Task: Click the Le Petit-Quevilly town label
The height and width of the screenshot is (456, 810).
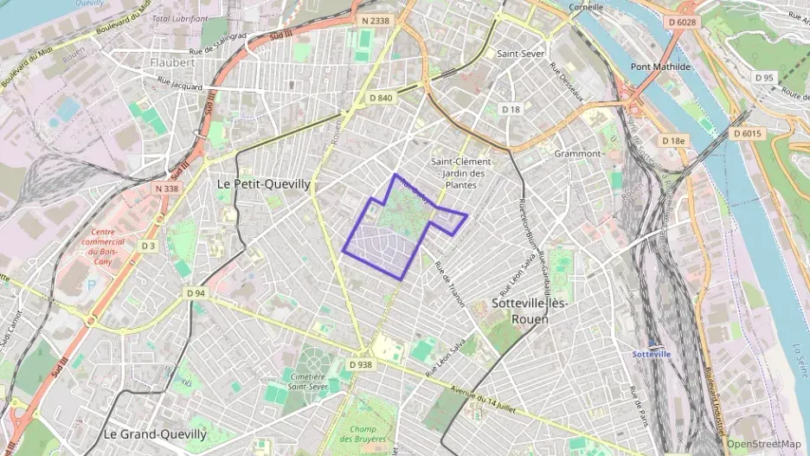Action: [262, 184]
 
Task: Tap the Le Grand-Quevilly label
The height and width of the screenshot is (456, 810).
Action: [155, 434]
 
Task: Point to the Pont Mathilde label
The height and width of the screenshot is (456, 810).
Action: [660, 67]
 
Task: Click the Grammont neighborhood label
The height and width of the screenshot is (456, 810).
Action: [577, 153]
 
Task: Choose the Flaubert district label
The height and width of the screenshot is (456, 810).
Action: [173, 62]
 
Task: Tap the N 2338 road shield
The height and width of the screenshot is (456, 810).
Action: [376, 20]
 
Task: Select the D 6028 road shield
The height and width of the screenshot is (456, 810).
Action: [682, 20]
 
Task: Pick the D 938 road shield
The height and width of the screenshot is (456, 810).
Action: [361, 364]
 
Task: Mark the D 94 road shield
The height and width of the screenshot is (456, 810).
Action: [196, 293]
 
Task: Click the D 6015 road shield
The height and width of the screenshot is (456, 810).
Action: [746, 133]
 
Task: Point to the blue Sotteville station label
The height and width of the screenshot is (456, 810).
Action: [652, 354]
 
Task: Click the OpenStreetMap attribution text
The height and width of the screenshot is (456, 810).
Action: [763, 444]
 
